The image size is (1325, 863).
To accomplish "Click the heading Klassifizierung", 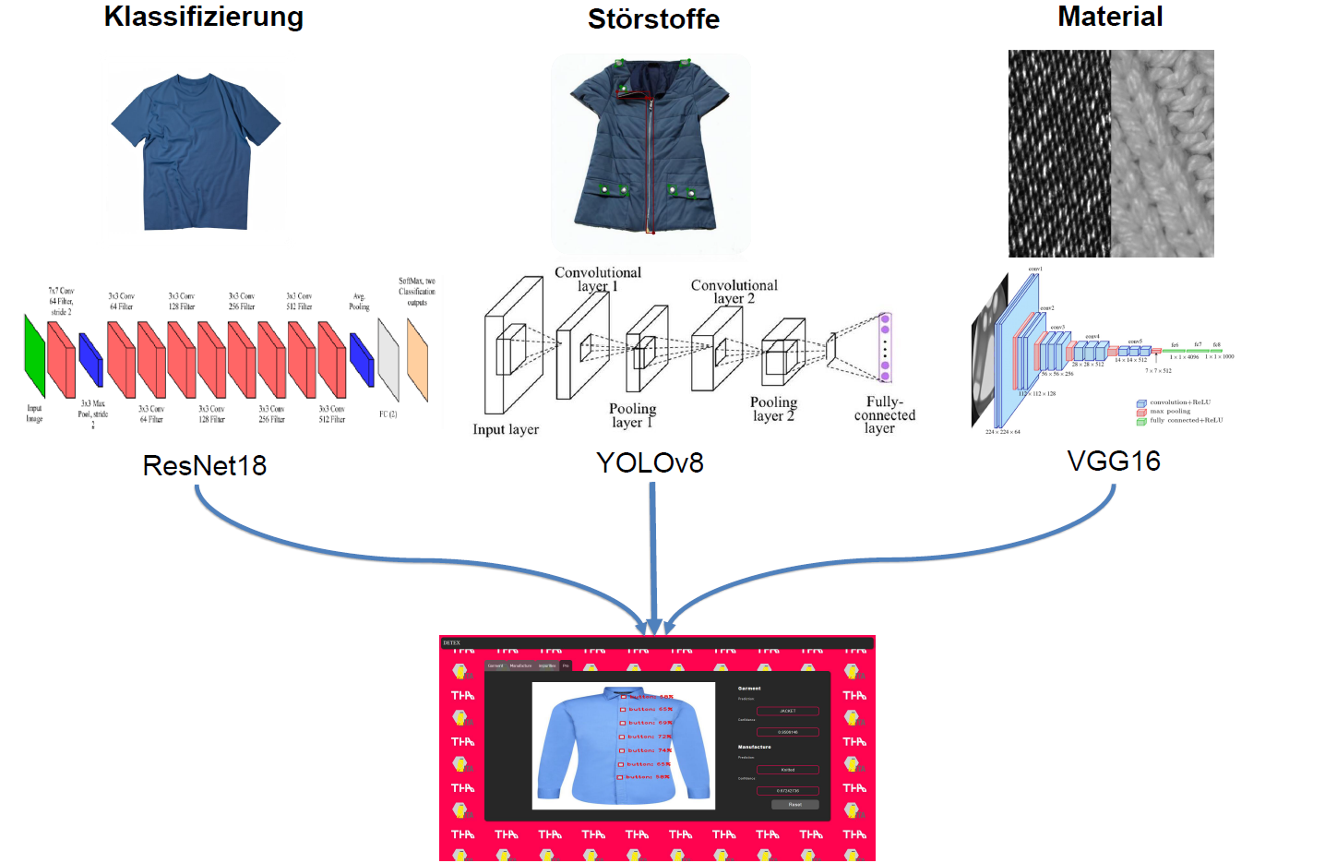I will [x=203, y=17].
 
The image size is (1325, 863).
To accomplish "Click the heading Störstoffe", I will [x=653, y=18].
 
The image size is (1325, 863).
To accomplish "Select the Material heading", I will [x=1110, y=17].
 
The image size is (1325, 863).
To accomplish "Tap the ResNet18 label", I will [x=205, y=465].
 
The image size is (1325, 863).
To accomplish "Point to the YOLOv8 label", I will [x=650, y=462].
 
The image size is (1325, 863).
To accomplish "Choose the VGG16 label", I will [x=1114, y=461].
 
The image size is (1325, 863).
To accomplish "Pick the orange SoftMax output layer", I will [x=417, y=360].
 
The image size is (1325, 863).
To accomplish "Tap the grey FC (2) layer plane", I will [x=388, y=359].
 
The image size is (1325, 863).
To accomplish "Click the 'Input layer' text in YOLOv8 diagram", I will [x=506, y=429].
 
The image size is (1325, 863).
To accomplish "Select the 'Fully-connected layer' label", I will [x=884, y=414].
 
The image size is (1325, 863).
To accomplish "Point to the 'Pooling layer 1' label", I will [x=632, y=415].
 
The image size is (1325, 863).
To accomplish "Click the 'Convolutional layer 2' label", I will [x=734, y=292].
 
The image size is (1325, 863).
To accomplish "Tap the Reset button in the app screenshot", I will [x=794, y=805].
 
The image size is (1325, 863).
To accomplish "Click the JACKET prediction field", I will [x=787, y=711].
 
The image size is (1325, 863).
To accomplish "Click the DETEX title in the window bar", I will [x=451, y=642].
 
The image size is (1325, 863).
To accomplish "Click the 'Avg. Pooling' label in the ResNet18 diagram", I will [x=359, y=302].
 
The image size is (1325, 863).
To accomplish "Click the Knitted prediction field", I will [x=787, y=770].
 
